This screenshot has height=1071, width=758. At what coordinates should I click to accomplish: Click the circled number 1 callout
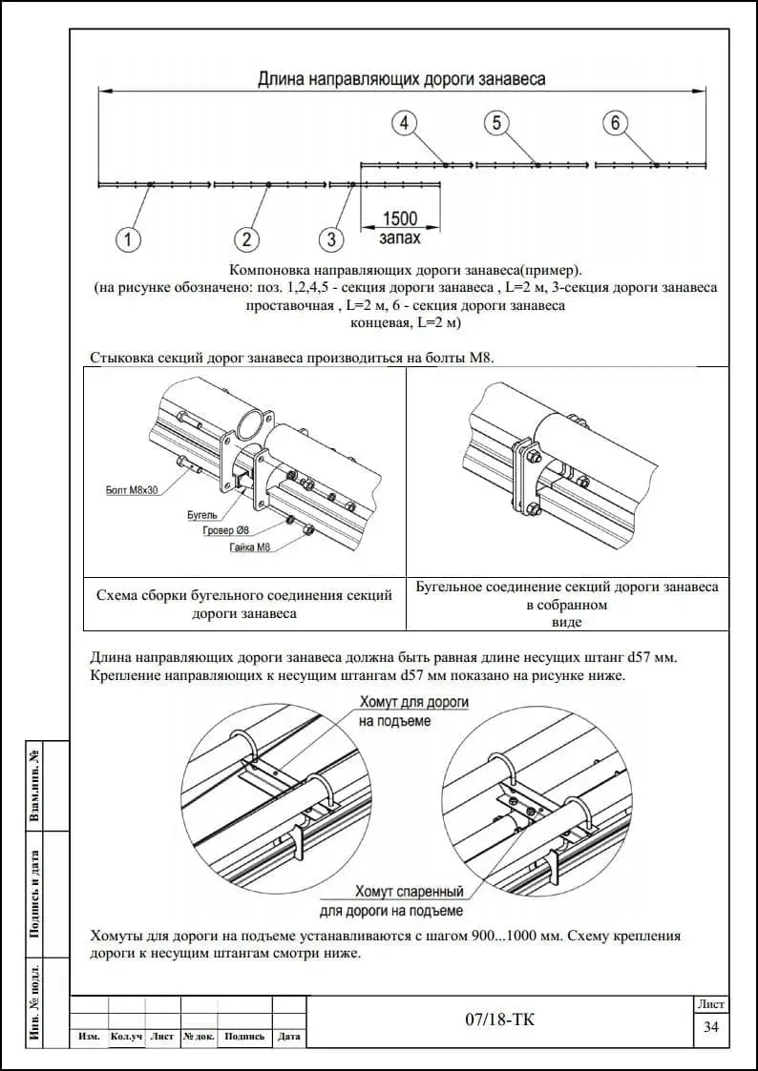[x=131, y=237]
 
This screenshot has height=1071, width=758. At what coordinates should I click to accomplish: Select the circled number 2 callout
[x=246, y=237]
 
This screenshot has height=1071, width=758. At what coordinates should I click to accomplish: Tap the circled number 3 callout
[x=331, y=237]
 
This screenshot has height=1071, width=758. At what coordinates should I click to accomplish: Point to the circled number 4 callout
[x=405, y=123]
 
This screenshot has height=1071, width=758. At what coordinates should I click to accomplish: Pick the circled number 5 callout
[x=496, y=123]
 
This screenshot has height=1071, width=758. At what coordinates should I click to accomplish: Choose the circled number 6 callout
[x=615, y=123]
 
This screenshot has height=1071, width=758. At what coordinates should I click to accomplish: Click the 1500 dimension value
[x=400, y=218]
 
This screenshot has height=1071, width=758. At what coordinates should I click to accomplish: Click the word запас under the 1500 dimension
[x=399, y=237]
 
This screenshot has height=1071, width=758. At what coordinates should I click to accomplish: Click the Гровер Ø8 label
[x=226, y=529]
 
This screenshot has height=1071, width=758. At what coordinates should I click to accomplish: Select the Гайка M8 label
[x=250, y=546]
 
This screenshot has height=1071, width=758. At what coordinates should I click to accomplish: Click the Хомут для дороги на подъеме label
[x=413, y=711]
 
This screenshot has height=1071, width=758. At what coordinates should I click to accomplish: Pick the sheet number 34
[x=710, y=1027]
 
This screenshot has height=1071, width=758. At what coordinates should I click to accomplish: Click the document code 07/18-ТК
[x=499, y=1020]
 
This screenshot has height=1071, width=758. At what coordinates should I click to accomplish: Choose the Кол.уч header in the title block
[x=126, y=1037]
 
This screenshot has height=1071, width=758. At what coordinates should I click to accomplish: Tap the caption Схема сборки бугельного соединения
[x=244, y=604]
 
